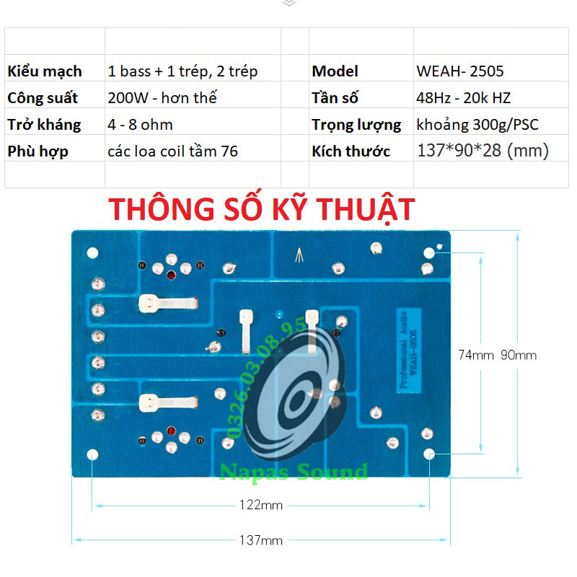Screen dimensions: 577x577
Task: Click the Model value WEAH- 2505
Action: (459, 71)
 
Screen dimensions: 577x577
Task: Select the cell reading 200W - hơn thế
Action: (162, 98)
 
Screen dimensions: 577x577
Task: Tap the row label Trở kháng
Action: (44, 125)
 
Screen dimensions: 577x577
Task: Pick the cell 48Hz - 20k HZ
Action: (463, 98)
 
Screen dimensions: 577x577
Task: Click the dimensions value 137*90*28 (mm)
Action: (483, 151)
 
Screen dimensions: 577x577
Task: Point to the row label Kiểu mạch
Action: (45, 71)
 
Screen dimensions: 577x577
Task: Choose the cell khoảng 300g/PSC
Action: (477, 125)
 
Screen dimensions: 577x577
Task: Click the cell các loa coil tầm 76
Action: (172, 151)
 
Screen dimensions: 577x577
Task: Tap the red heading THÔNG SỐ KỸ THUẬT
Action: (262, 208)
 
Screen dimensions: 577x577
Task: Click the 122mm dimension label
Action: (261, 505)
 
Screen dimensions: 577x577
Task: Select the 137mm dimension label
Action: (261, 540)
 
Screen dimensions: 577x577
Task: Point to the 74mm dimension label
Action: (476, 355)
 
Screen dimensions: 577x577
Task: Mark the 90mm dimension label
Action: (518, 355)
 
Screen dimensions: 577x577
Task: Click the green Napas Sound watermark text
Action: (294, 472)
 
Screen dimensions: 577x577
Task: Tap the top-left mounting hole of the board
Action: (92, 253)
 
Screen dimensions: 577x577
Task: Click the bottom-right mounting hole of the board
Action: (429, 454)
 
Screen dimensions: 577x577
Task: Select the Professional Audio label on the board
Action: (404, 350)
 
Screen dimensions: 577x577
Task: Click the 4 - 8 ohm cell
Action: (140, 125)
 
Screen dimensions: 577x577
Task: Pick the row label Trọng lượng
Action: (356, 125)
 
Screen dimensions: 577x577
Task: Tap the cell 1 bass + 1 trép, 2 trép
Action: (182, 71)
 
